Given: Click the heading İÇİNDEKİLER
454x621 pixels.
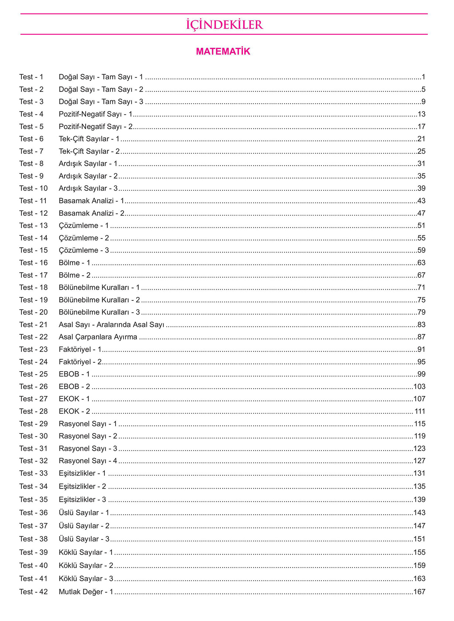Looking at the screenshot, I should click(x=224, y=25).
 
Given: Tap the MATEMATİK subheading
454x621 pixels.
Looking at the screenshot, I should click(x=223, y=52).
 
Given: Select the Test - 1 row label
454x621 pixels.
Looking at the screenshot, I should click(x=31, y=77).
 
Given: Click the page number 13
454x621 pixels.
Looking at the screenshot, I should click(x=421, y=114).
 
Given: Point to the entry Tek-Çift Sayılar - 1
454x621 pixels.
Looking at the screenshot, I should click(x=89, y=139).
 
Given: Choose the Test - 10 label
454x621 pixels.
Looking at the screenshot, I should click(x=34, y=189).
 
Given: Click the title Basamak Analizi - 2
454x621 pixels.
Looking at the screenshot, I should click(x=92, y=213).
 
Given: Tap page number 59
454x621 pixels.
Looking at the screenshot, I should click(x=421, y=251).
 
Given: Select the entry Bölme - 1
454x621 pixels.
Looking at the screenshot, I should click(x=74, y=263).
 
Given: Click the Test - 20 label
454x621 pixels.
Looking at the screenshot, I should click(x=34, y=313).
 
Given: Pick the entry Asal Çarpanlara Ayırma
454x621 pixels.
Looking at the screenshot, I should click(x=98, y=337).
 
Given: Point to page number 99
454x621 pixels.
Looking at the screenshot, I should click(x=421, y=374).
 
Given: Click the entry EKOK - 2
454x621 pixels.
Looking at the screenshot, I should click(x=74, y=411).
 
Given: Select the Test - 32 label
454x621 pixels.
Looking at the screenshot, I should click(x=34, y=461).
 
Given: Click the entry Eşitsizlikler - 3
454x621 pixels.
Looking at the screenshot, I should click(x=82, y=500).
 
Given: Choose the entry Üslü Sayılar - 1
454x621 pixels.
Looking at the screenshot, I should click(x=84, y=513).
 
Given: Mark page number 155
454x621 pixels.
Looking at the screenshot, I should click(x=419, y=552).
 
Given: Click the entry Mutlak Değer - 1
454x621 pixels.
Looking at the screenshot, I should click(x=86, y=592).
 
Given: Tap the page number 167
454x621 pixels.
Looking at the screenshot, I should click(x=419, y=592).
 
